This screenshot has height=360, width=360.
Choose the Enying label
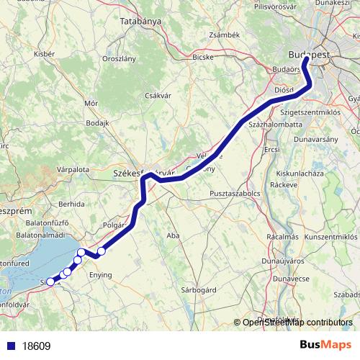[x=100, y=275]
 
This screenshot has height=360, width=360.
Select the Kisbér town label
[x=44, y=54]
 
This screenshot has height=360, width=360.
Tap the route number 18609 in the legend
[x=36, y=346]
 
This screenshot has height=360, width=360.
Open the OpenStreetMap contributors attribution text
[x=297, y=322]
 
